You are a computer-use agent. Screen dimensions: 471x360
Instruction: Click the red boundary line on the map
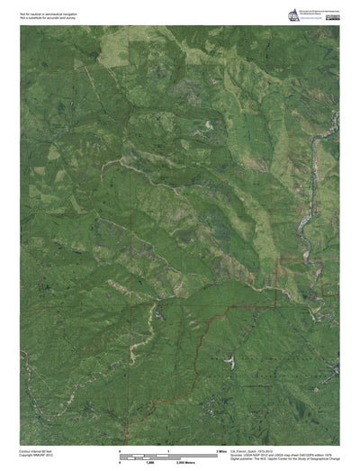pos(216,315)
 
